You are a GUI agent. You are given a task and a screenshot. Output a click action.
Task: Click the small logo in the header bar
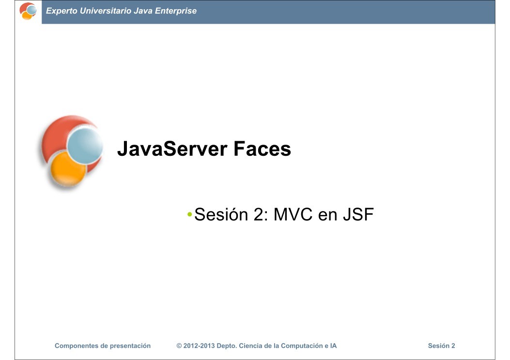point(28,11)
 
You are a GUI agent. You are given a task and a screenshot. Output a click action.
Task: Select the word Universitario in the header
point(104,11)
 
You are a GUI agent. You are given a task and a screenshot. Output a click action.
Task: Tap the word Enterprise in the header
point(175,11)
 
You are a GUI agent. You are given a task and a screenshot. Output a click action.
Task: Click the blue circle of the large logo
point(85,144)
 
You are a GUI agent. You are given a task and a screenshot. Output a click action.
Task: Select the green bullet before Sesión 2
point(190,214)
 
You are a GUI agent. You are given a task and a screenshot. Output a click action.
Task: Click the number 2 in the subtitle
point(258,215)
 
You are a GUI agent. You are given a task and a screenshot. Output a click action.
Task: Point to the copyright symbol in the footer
point(179,346)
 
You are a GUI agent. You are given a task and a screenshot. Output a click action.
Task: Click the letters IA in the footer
point(333,346)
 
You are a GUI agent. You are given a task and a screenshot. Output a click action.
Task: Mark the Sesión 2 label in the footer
point(441,346)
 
